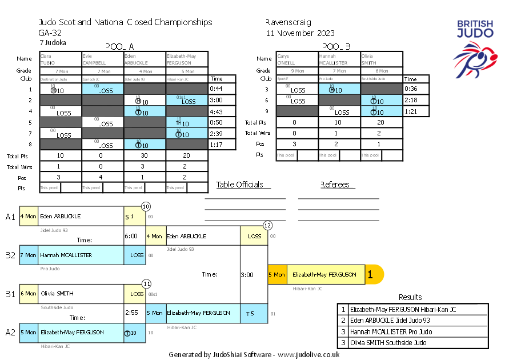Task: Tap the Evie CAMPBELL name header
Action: (103, 59)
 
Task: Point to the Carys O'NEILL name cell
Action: (297, 59)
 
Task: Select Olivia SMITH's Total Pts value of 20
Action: (382, 122)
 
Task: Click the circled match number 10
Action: (146, 206)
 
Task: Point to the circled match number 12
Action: (267, 226)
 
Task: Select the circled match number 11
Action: (146, 283)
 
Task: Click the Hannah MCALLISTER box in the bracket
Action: (81, 255)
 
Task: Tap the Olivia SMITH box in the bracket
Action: (81, 294)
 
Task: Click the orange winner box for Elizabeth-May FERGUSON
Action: (326, 274)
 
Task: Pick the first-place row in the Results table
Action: (412, 309)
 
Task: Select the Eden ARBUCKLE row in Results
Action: (412, 321)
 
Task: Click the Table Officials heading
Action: (240, 185)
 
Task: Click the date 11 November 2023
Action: (300, 33)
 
